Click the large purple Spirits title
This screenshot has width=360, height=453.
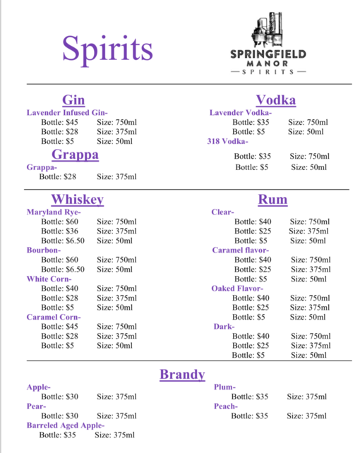pyautogui.click(x=107, y=47)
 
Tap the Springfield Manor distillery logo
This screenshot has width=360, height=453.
pyautogui.click(x=268, y=46)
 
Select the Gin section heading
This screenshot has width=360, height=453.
pyautogui.click(x=73, y=99)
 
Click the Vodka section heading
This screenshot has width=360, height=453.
pyautogui.click(x=275, y=99)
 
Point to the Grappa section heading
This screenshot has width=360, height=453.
pyautogui.click(x=75, y=155)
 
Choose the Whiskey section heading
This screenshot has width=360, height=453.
pyautogui.click(x=77, y=200)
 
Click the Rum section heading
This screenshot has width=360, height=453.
pyautogui.click(x=272, y=200)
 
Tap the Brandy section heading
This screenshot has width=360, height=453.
pyautogui.click(x=182, y=374)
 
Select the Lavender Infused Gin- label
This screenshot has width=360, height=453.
pyautogui.click(x=66, y=113)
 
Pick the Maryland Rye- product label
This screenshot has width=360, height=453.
pyautogui.click(x=54, y=212)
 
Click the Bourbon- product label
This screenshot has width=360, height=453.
pyautogui.click(x=44, y=250)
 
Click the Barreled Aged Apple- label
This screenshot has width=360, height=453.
pyautogui.click(x=65, y=425)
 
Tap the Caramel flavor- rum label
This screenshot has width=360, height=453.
pyautogui.click(x=240, y=250)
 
